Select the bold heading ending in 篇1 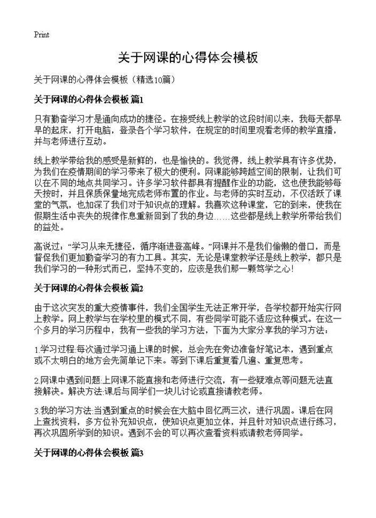pos(89,99)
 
